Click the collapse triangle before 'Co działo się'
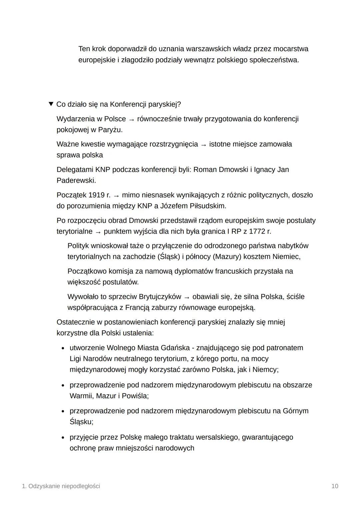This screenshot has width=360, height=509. [51, 104]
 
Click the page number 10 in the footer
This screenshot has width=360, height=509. [335, 486]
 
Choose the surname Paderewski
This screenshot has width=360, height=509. [76, 180]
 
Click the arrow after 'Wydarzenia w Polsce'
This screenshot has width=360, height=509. [131, 119]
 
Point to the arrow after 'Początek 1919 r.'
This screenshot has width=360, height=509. [116, 195]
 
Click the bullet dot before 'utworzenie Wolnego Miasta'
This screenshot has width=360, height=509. [63, 348]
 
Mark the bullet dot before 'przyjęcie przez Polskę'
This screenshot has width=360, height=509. [63, 437]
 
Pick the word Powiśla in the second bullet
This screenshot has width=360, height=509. [135, 396]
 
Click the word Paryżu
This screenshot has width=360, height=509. [110, 130]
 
